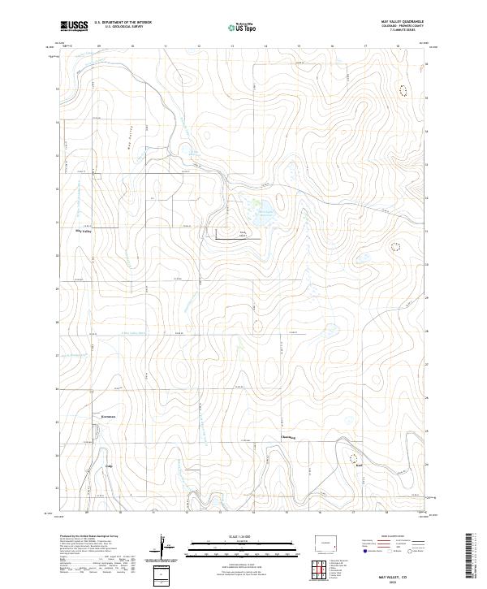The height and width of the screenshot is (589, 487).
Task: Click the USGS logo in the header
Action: pyautogui.click(x=74, y=27)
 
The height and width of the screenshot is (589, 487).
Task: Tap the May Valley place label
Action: pyautogui.click(x=85, y=232)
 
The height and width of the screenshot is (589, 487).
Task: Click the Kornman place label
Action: pyautogui.click(x=109, y=417)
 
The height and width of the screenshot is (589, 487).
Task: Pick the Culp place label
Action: pyautogui.click(x=109, y=466)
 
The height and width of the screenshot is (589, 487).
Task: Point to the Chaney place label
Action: pyautogui.click(x=287, y=438)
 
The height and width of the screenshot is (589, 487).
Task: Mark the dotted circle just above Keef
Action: pyautogui.click(x=354, y=457)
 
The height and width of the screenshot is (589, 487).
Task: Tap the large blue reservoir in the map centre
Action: pyautogui.click(x=261, y=216)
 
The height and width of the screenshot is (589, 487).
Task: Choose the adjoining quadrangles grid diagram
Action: pyautogui.click(x=316, y=570)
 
